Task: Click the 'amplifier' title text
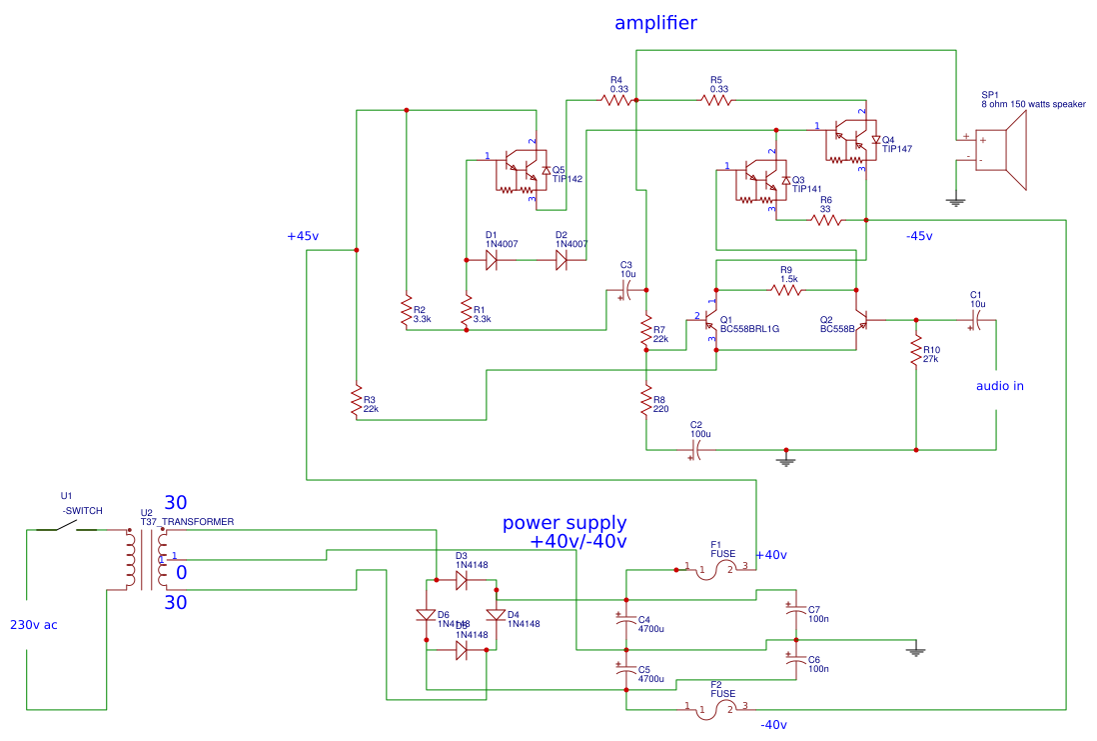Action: tap(655, 23)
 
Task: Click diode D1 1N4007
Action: tap(492, 259)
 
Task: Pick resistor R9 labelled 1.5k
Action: tap(786, 290)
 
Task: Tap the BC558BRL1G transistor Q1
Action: tap(708, 321)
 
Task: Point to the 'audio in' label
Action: tap(999, 386)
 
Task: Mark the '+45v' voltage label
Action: tap(303, 236)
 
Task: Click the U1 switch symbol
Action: tap(68, 528)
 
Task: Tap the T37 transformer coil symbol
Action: tap(146, 560)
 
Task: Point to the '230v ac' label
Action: tap(34, 625)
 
